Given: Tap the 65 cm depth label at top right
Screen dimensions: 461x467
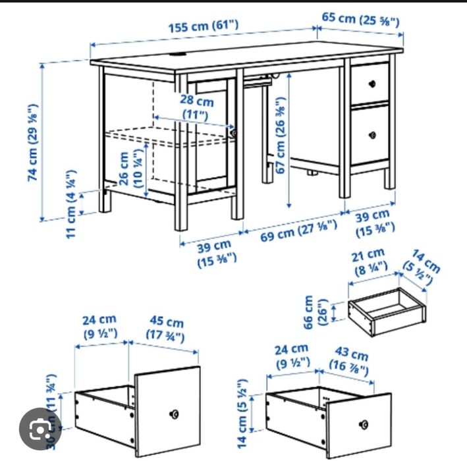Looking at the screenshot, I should tap(360, 19).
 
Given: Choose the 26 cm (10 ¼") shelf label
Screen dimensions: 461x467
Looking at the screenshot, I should tap(131, 171).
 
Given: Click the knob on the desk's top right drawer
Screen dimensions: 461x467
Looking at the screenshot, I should tap(372, 84).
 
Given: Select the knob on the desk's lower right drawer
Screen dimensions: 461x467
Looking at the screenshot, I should tap(372, 135).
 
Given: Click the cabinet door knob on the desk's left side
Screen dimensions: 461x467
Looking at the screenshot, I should tap(233, 134).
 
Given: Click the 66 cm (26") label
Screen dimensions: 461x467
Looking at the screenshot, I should tap(316, 312).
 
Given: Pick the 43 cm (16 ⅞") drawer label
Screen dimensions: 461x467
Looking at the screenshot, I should tap(350, 362).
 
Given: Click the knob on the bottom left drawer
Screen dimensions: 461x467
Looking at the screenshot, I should tap(175, 414).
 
